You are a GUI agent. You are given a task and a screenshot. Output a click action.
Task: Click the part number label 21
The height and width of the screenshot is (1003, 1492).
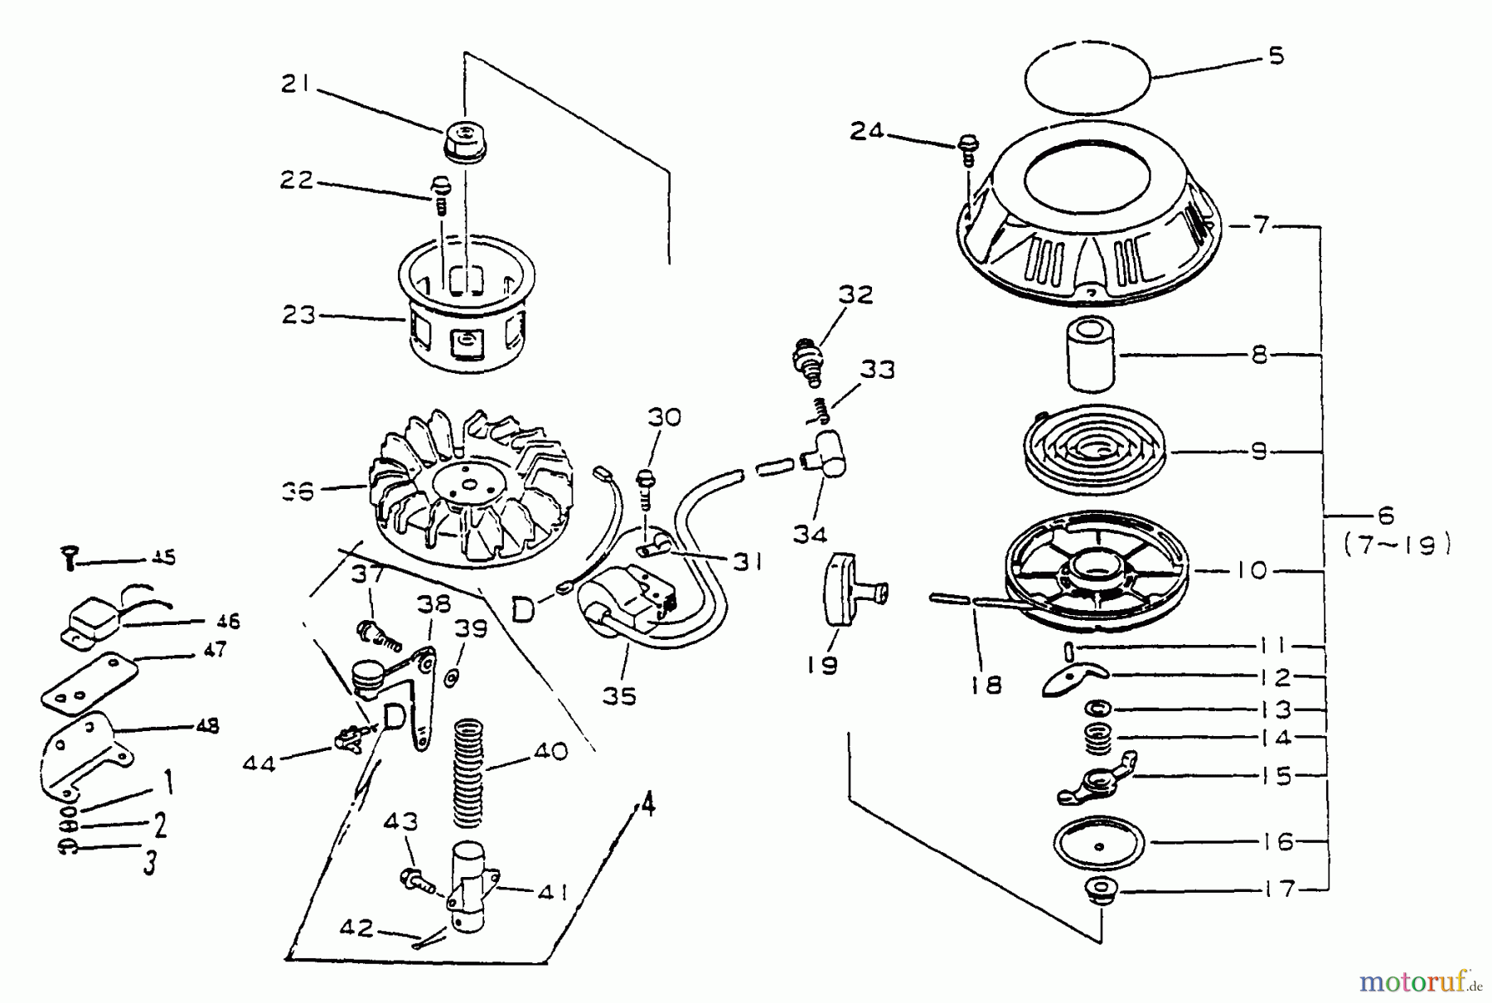point(295,84)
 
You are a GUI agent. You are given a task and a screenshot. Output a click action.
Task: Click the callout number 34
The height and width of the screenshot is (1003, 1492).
point(810,535)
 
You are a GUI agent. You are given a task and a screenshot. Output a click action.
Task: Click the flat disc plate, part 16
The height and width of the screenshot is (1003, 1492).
point(1099,843)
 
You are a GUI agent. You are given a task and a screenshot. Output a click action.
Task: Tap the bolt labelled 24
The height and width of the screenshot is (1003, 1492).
point(966,149)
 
